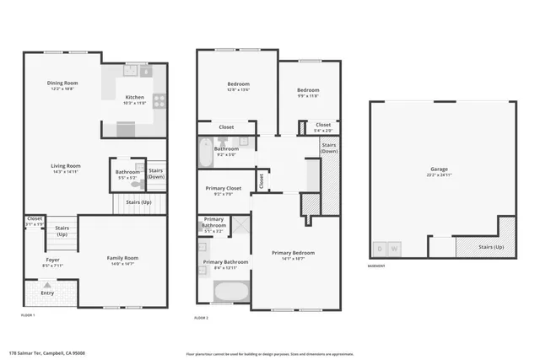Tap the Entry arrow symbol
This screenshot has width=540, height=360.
(x=47, y=285)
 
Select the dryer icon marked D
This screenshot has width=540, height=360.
(x=381, y=250)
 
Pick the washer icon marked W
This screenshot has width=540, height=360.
(x=394, y=250)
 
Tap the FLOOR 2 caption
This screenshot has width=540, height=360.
(x=202, y=317)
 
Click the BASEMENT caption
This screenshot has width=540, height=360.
(x=377, y=266)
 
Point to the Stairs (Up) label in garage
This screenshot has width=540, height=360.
(x=491, y=248)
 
